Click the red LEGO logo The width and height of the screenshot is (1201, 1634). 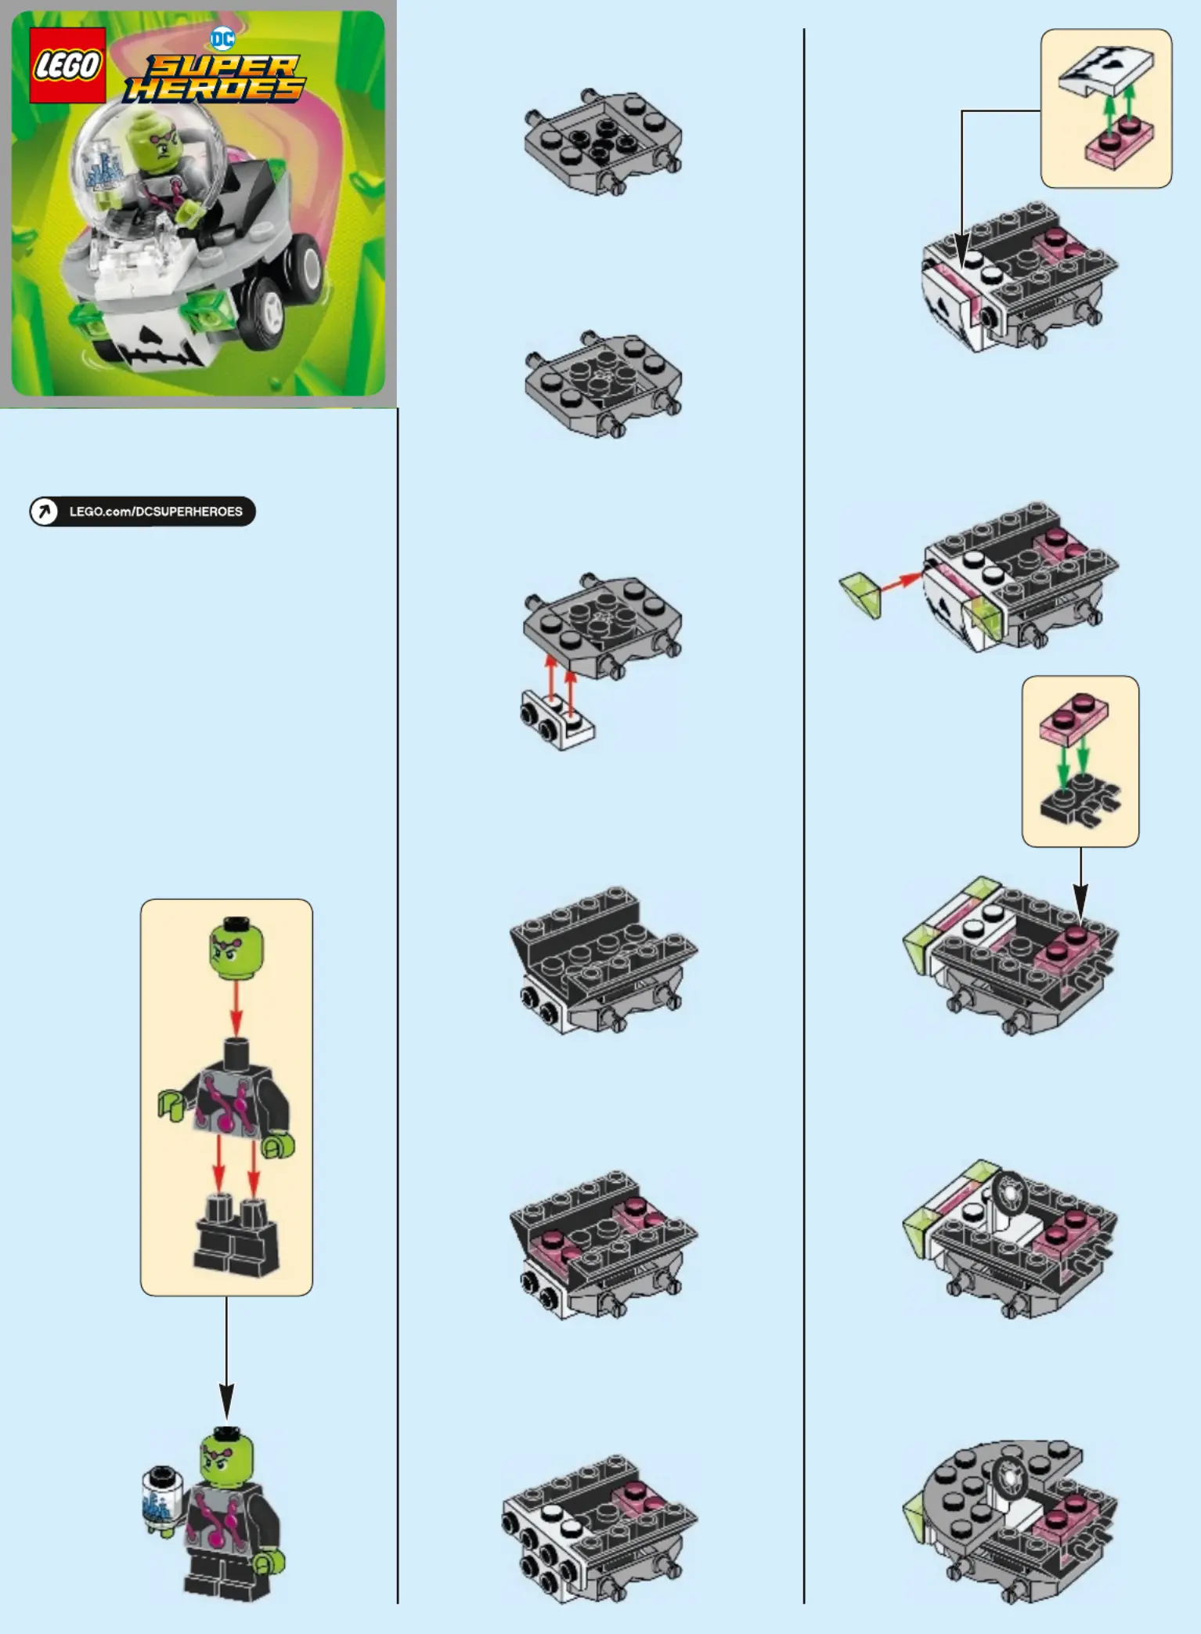(67, 65)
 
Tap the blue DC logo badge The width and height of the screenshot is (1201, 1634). (222, 38)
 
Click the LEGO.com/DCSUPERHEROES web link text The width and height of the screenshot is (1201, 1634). (156, 512)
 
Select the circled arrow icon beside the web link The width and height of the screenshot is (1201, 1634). (44, 512)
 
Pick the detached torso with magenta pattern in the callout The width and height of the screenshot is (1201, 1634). (227, 1089)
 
